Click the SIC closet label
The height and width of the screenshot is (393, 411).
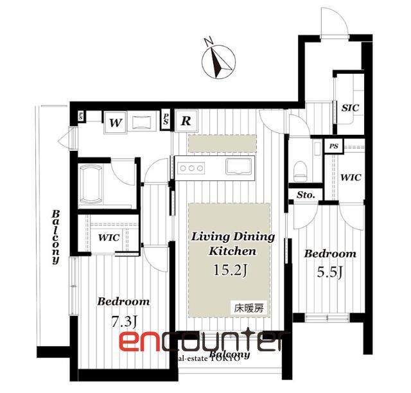click(x=350, y=107)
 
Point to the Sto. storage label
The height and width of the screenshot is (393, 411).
click(x=305, y=195)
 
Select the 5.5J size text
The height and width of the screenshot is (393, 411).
click(x=329, y=272)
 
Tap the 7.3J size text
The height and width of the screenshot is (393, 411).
click(x=123, y=321)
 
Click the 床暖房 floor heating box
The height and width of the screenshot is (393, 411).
click(x=248, y=308)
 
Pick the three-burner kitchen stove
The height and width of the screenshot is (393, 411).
click(x=191, y=168)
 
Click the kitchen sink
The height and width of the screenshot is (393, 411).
click(x=239, y=167)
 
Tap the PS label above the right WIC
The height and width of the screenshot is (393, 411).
click(x=333, y=146)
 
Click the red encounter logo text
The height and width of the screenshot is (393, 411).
click(x=202, y=342)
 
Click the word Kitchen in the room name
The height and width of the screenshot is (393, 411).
click(x=232, y=251)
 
